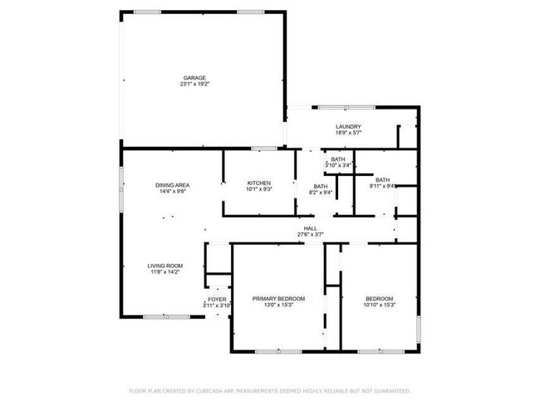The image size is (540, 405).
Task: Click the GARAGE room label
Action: pos(194,78)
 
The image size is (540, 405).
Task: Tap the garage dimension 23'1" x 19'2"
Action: pos(194,84)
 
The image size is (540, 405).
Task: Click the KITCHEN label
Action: pos(258,183)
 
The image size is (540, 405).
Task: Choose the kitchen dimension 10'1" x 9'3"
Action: pos(258,188)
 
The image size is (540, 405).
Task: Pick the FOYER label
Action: pos(217,299)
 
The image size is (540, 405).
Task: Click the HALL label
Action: pos(310,228)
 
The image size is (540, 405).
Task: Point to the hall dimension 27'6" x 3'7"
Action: pos(310,234)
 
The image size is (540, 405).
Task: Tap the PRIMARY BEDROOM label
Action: pos(278,299)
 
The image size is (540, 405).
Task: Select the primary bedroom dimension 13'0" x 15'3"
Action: pos(278,305)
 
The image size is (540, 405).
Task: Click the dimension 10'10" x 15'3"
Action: pos(380,305)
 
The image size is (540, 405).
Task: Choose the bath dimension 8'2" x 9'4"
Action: pos(321,192)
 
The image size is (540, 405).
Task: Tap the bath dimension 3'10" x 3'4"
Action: pos(338,165)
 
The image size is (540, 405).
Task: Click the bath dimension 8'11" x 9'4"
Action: pos(382,185)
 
